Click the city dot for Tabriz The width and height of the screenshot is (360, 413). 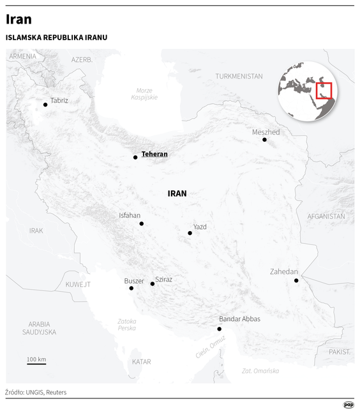click(x=45, y=104)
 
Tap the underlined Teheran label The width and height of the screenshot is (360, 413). click(x=154, y=154)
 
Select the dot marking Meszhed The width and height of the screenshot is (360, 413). click(x=264, y=139)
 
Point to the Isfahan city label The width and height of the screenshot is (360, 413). click(x=130, y=216)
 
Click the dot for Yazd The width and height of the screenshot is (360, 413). click(x=190, y=233)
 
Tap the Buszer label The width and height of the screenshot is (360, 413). click(x=134, y=281)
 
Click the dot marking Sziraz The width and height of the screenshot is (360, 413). click(x=152, y=283)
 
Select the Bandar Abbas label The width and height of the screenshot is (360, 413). click(x=239, y=319)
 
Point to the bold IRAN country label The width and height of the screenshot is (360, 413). click(x=177, y=193)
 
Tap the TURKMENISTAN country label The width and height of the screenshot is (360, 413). click(x=239, y=76)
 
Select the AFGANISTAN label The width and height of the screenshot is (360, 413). click(x=326, y=216)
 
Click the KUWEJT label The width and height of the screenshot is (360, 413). click(x=78, y=284)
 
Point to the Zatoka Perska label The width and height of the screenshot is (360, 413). click(x=127, y=324)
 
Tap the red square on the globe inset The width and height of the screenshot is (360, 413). click(x=324, y=89)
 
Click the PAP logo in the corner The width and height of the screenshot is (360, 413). click(x=348, y=404)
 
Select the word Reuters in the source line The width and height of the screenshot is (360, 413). click(x=56, y=392)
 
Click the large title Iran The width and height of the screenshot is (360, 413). click(x=19, y=20)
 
